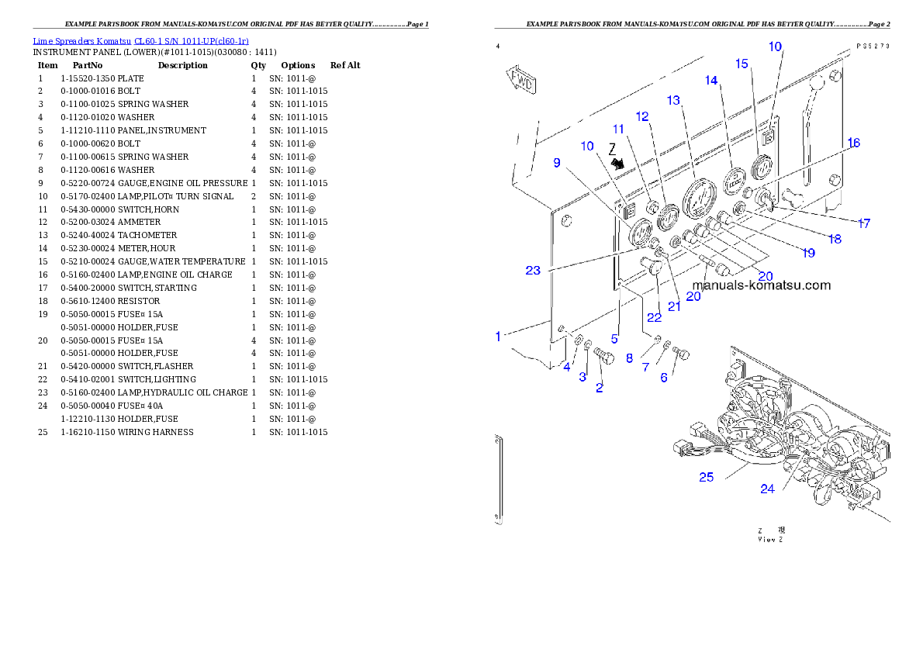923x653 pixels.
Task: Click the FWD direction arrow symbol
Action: pos(522,79)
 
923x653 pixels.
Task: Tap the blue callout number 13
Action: pos(672,101)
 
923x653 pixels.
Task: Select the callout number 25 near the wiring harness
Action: pos(706,477)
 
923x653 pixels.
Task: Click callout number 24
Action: pos(767,489)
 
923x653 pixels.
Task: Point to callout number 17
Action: pos(863,223)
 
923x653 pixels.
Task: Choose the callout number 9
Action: pos(556,162)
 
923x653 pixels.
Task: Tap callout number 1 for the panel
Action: pos(499,337)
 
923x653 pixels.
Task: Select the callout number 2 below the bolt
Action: pos(599,389)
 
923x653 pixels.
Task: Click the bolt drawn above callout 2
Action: pos(603,357)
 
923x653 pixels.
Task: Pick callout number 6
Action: pos(663,378)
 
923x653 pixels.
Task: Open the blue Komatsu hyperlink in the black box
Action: pos(140,41)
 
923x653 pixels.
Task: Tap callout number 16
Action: pos(853,143)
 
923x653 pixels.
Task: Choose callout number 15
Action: pos(742,63)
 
